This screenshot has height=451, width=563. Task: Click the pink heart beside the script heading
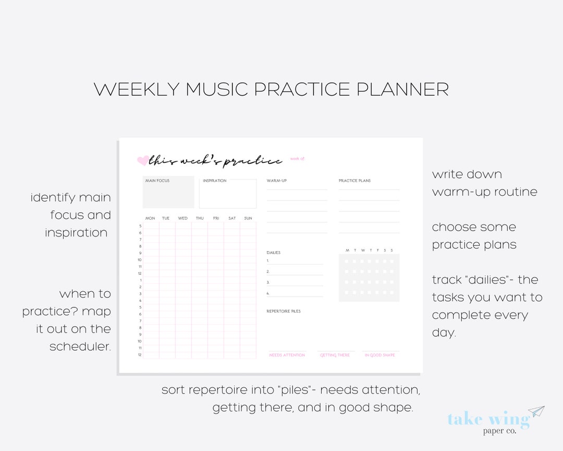click(142, 161)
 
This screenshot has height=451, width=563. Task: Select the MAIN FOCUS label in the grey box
click(157, 181)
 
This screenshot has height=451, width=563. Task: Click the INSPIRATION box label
click(215, 181)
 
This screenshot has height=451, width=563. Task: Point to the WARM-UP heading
click(277, 181)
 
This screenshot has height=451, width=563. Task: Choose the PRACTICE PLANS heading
click(354, 181)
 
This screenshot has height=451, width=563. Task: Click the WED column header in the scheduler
click(182, 218)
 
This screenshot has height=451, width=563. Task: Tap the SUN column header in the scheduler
click(248, 218)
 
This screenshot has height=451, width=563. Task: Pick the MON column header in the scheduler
click(150, 218)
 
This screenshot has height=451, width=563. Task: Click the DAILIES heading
click(274, 253)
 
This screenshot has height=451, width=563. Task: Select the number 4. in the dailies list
click(268, 293)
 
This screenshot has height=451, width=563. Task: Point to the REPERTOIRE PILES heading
click(284, 311)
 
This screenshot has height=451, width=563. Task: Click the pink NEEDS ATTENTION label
click(287, 355)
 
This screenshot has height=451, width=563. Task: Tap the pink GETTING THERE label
click(335, 355)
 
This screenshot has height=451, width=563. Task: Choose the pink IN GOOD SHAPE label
click(380, 355)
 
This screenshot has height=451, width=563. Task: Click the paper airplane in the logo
click(536, 411)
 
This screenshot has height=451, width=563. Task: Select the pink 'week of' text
click(297, 159)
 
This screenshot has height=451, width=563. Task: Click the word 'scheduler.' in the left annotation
click(80, 346)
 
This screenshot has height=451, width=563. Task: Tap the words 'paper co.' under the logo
click(499, 431)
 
